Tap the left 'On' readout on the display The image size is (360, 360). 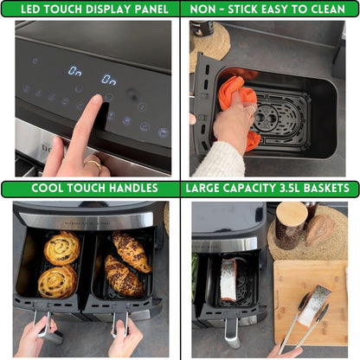(x=75, y=70)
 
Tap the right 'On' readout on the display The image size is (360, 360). (x=108, y=80)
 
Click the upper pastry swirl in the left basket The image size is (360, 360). (x=62, y=248)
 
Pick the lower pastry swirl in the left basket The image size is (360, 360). (x=57, y=281)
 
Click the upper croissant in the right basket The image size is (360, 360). (x=131, y=251)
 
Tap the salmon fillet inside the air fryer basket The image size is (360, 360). (x=228, y=280)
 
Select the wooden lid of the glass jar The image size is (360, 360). (x=291, y=213)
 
